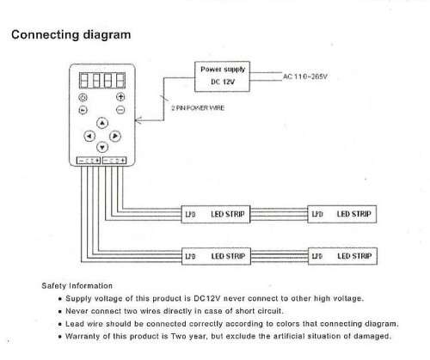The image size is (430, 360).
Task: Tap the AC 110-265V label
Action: (305, 76)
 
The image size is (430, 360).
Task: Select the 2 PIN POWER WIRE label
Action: (198, 108)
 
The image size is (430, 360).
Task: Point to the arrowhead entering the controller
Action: (138, 120)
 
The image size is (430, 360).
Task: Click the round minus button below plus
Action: (120, 110)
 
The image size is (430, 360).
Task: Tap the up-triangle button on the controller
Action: (102, 123)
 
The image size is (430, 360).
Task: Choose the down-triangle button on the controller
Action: (102, 147)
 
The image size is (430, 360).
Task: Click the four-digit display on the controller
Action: (102, 80)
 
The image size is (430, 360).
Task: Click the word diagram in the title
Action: (107, 35)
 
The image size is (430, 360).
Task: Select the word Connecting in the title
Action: (46, 35)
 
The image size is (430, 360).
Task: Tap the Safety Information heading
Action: (77, 286)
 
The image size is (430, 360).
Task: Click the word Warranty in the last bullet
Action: (83, 336)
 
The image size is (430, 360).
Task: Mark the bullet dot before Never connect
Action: (60, 312)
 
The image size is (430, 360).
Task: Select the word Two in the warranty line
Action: (178, 336)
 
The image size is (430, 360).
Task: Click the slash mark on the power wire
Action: (164, 98)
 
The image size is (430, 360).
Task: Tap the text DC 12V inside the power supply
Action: (223, 82)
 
